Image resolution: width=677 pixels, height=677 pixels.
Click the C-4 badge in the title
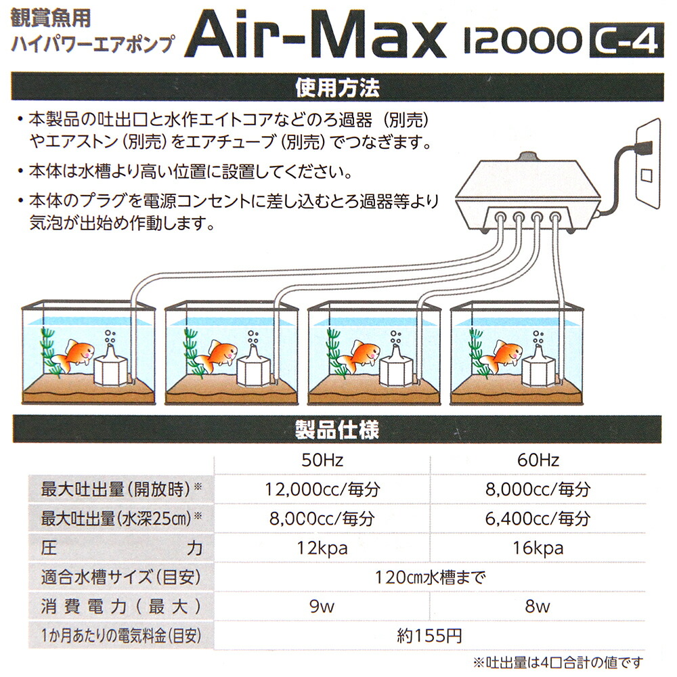tap(626, 40)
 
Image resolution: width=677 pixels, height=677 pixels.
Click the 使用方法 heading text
tap(338, 88)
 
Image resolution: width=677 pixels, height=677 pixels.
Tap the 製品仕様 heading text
tap(337, 430)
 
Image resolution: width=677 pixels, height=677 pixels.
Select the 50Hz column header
tap(322, 460)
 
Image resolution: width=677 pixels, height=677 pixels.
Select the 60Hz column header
tap(538, 460)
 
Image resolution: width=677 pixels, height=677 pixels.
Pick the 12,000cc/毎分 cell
tap(322, 489)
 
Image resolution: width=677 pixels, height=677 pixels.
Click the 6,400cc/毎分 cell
tap(538, 519)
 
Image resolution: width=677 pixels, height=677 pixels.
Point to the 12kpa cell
tap(322, 548)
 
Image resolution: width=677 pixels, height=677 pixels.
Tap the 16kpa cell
tap(538, 548)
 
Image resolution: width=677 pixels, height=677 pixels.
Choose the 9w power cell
tap(322, 607)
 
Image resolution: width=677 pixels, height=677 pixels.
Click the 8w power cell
tap(538, 607)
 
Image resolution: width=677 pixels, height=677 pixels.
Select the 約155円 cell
tap(430, 636)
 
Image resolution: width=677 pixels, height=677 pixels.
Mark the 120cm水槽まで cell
tap(430, 577)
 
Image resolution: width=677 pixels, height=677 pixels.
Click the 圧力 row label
tap(121, 548)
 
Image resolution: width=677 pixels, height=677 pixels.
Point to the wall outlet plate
tap(648, 164)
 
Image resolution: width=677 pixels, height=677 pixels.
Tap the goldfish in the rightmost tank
tap(501, 355)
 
